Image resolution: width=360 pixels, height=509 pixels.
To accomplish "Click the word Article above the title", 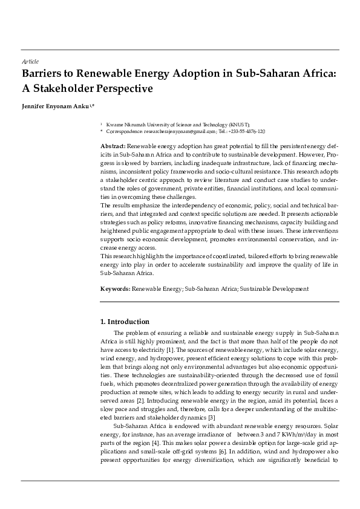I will click(30, 62).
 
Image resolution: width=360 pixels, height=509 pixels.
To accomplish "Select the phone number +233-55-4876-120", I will click(247, 131).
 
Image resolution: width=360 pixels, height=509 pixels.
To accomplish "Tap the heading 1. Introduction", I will click(125, 322).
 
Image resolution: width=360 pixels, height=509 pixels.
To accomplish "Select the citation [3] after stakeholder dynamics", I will click(211, 418).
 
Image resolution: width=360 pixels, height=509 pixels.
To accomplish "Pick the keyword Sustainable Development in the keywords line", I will click(274, 289).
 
